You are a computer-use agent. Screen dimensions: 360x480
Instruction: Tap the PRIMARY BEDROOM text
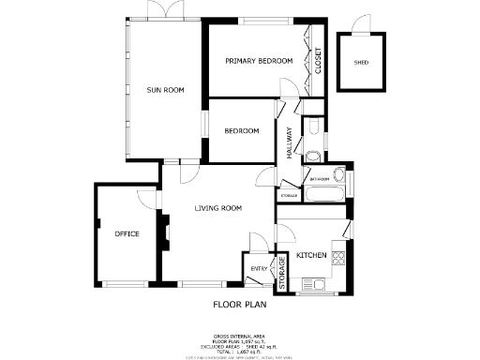point(259,61)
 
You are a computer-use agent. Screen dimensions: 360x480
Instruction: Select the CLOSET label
point(318,61)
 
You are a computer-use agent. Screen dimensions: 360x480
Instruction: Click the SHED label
point(361,63)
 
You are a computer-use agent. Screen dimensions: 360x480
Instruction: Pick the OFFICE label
point(127,232)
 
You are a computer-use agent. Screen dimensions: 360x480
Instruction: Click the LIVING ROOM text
point(218,208)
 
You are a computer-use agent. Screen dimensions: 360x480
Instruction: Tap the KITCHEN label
point(311,255)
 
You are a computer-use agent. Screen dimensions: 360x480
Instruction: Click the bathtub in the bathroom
point(325,195)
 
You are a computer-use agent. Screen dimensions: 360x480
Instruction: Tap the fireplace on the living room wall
point(163,232)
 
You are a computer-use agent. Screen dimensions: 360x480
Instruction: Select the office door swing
point(145,197)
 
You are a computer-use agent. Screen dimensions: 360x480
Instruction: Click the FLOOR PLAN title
point(240,305)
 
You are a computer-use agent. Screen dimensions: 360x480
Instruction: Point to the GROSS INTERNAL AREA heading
point(240,334)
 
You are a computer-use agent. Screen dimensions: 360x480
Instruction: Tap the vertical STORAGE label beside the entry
point(281,270)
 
